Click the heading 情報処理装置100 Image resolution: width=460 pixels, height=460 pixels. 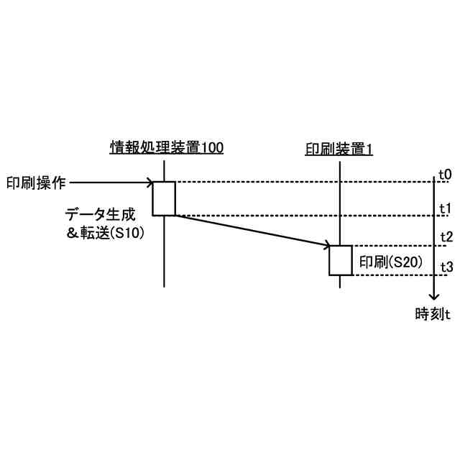(166, 147)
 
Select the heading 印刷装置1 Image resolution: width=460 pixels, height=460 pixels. (339, 149)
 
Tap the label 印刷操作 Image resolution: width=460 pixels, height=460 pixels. (36, 183)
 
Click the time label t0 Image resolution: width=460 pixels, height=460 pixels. (445, 175)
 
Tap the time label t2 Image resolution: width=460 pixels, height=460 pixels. (445, 237)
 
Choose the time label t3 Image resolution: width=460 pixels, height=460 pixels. (445, 267)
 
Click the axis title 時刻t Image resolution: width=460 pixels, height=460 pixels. (433, 313)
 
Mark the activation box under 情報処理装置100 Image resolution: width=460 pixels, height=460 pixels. (164, 198)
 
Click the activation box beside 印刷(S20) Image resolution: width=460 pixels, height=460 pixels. (341, 260)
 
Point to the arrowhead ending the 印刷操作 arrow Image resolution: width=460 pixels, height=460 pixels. (149, 183)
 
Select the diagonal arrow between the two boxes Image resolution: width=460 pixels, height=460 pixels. (252, 230)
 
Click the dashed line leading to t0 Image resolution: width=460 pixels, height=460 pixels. (302, 182)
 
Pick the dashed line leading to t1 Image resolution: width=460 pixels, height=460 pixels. (302, 215)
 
